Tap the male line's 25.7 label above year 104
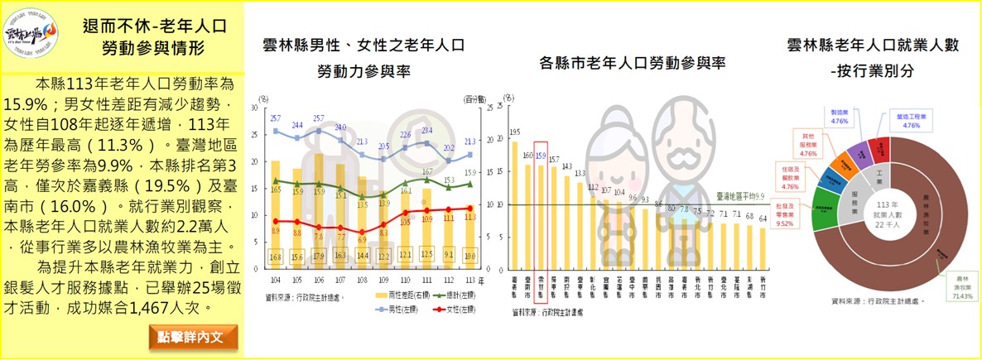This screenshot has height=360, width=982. pos(275,118)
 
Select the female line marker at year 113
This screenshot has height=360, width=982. pos(470,208)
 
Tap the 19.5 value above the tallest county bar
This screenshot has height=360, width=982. pos(515,132)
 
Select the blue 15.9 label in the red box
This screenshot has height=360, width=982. pos(542,155)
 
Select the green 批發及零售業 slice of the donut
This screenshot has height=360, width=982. pos(821,216)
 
